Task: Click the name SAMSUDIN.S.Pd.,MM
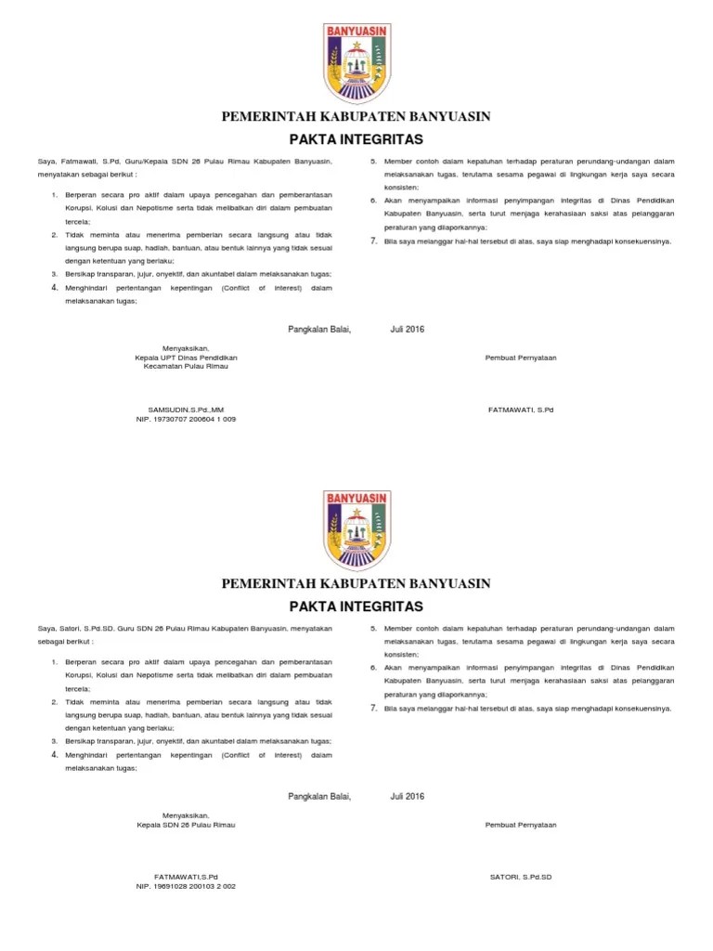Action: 186,410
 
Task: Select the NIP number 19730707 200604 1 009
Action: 186,420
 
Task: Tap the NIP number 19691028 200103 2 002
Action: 186,886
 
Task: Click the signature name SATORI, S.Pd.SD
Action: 521,877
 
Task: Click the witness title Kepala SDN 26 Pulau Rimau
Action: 186,825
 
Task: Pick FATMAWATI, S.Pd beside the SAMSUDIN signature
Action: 521,410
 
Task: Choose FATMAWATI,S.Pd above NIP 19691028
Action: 186,877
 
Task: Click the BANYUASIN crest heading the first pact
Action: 356,62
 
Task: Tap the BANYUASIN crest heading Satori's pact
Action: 356,529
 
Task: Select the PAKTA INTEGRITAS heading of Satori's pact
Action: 356,606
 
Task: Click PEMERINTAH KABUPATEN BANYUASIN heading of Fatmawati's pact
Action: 356,116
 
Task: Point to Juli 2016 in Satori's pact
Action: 407,796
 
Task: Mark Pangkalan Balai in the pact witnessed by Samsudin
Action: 319,329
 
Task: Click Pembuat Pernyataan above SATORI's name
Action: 521,825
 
